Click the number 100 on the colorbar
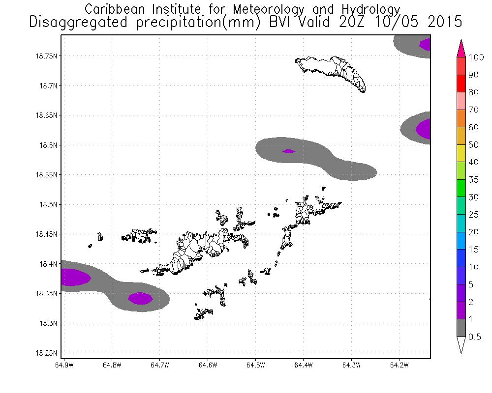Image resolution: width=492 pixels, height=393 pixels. tap(477, 57)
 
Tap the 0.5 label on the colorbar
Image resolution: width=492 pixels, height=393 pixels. tap(475, 337)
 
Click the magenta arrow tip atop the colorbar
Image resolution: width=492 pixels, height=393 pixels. tap(461, 48)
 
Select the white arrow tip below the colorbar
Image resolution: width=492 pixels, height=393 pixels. tap(461, 346)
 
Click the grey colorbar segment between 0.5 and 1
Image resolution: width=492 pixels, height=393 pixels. tap(461, 328)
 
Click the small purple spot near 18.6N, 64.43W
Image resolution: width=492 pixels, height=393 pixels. tap(289, 151)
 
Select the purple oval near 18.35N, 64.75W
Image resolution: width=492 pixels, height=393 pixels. tap(140, 298)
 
